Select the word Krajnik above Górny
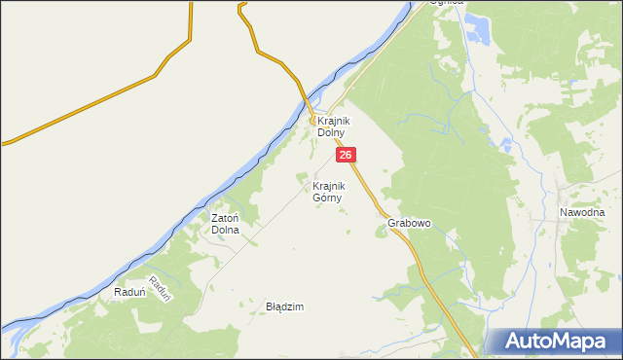(329, 185)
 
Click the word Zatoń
(226, 218)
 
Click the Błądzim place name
(285, 306)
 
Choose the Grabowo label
(409, 223)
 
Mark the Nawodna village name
(582, 212)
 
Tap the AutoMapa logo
(554, 342)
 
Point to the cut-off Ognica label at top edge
(450, 3)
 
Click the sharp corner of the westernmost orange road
(156, 74)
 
